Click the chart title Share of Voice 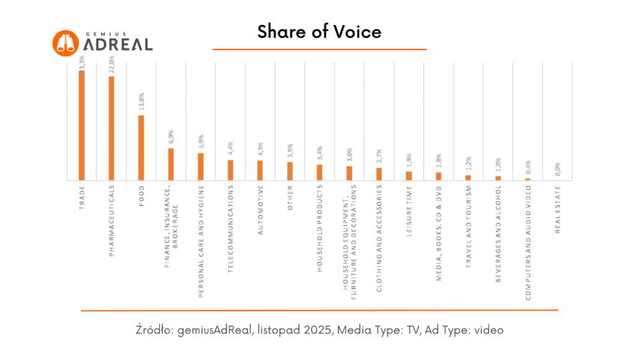[319, 32]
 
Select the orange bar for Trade [82, 125]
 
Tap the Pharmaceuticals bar [111, 128]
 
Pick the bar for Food [141, 148]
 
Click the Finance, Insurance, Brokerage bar [171, 164]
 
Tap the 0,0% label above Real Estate [557, 170]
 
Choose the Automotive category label [260, 210]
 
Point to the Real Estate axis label [557, 209]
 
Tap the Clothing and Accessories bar [379, 174]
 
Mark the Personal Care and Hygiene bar [201, 166]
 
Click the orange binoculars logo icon [65, 42]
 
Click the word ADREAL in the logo [118, 44]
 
